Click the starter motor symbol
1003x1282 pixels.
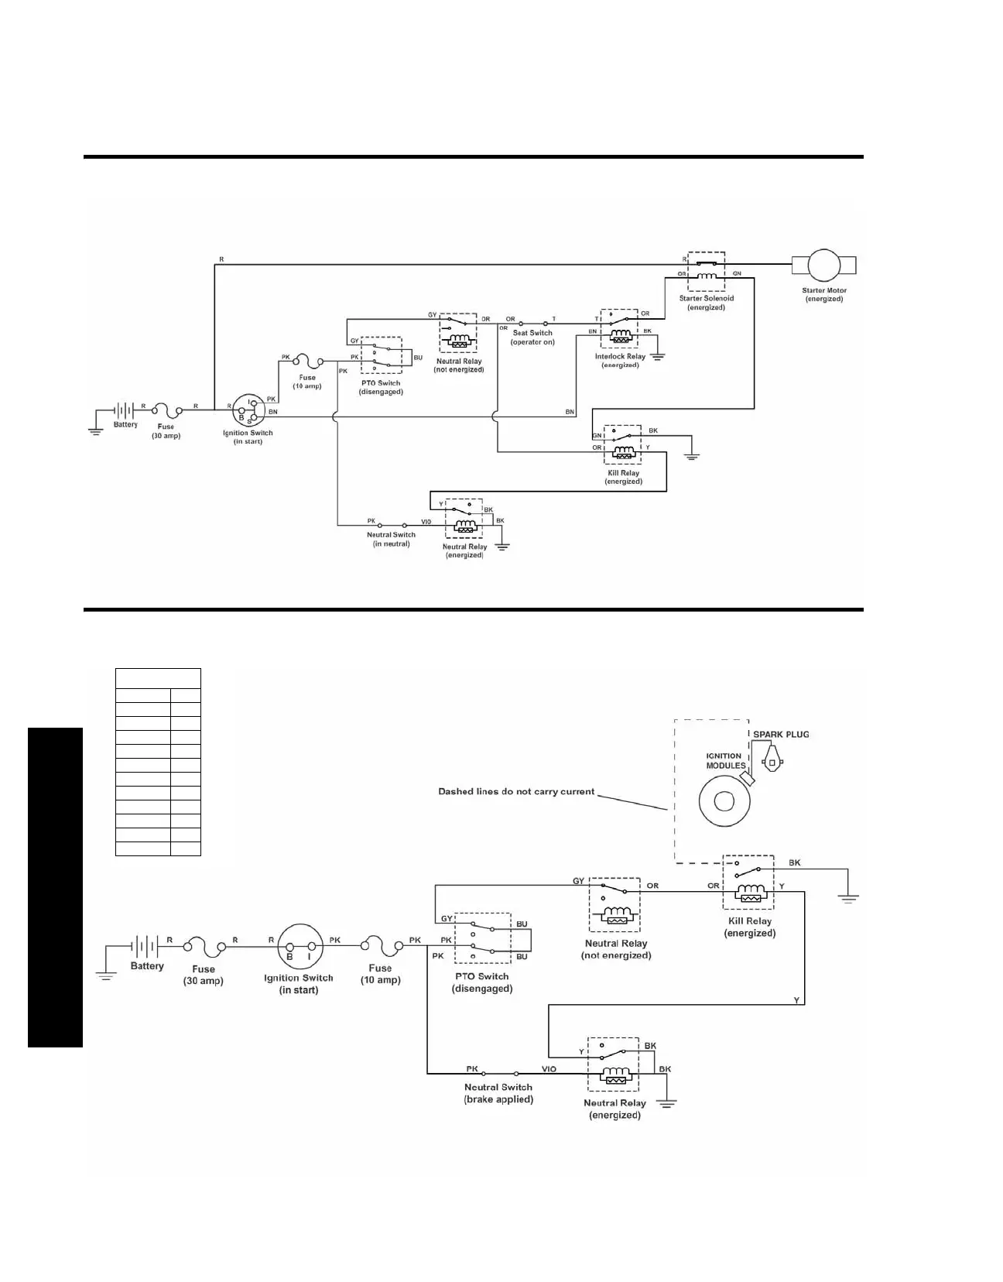click(824, 266)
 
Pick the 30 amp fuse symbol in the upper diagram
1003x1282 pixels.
click(166, 408)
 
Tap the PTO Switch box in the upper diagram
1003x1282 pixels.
click(381, 357)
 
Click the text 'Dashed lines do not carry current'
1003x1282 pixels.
click(516, 791)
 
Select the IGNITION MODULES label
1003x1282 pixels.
click(724, 761)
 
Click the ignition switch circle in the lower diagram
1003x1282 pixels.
click(299, 946)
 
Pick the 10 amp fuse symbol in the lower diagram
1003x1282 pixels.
click(380, 945)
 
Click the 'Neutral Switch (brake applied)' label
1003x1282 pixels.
click(498, 1093)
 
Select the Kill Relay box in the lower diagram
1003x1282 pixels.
click(748, 882)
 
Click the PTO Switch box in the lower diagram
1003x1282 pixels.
click(481, 938)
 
